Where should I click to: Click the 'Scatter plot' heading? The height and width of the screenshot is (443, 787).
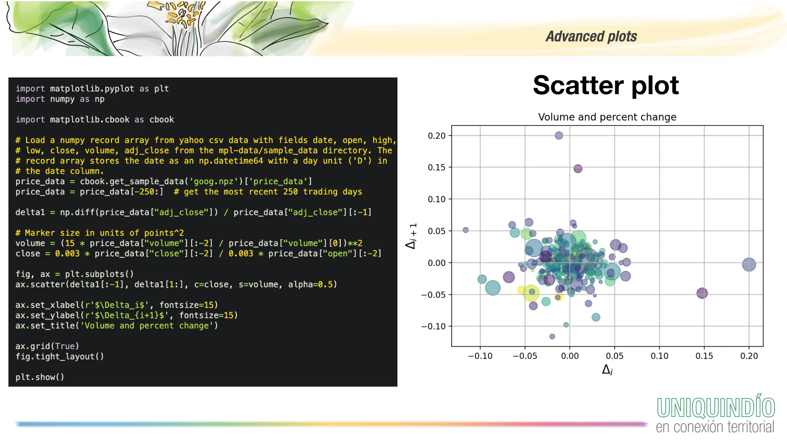tap(606, 85)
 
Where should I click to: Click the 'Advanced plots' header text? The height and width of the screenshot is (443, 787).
tap(591, 37)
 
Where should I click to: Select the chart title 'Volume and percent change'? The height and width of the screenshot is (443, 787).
tap(607, 117)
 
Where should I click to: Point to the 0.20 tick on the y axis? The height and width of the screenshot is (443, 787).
tap(437, 136)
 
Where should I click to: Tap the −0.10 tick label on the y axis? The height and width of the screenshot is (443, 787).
tap(433, 326)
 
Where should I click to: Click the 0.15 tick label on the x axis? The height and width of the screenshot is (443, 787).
tap(704, 356)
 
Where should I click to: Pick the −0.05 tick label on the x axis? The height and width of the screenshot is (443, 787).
tap(525, 356)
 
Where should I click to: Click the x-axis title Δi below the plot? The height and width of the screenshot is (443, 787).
tap(607, 370)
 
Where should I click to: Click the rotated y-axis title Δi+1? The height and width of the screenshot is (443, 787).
tap(412, 236)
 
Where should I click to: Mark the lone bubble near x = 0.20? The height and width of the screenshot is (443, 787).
tap(749, 265)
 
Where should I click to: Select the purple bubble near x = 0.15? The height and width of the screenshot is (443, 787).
tap(702, 293)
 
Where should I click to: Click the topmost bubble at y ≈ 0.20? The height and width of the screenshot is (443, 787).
tap(559, 135)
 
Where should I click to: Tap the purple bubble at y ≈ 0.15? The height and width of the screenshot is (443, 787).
tap(578, 168)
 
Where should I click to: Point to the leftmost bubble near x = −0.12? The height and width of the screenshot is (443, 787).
tap(465, 230)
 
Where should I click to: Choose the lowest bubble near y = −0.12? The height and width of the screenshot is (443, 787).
tap(552, 336)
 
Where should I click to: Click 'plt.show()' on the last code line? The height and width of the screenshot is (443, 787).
tap(40, 377)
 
